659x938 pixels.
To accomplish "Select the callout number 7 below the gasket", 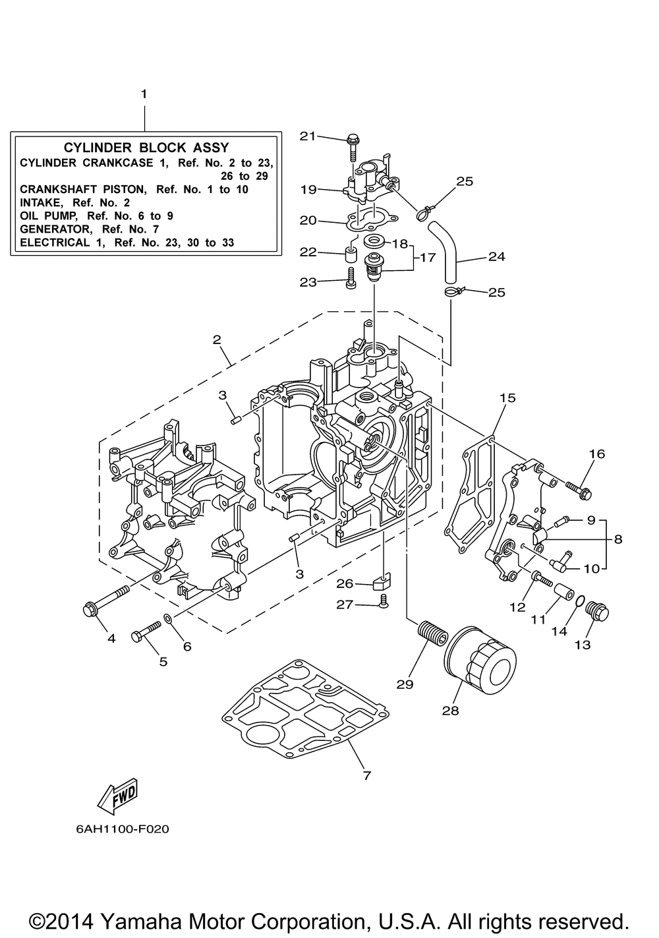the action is [x=367, y=776].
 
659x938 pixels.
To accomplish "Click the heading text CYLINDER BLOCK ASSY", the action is [x=146, y=148].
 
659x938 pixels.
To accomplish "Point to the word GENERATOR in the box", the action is [x=52, y=229].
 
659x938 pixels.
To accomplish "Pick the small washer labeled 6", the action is [x=167, y=618].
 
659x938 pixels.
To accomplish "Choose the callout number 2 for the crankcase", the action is [x=216, y=339].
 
